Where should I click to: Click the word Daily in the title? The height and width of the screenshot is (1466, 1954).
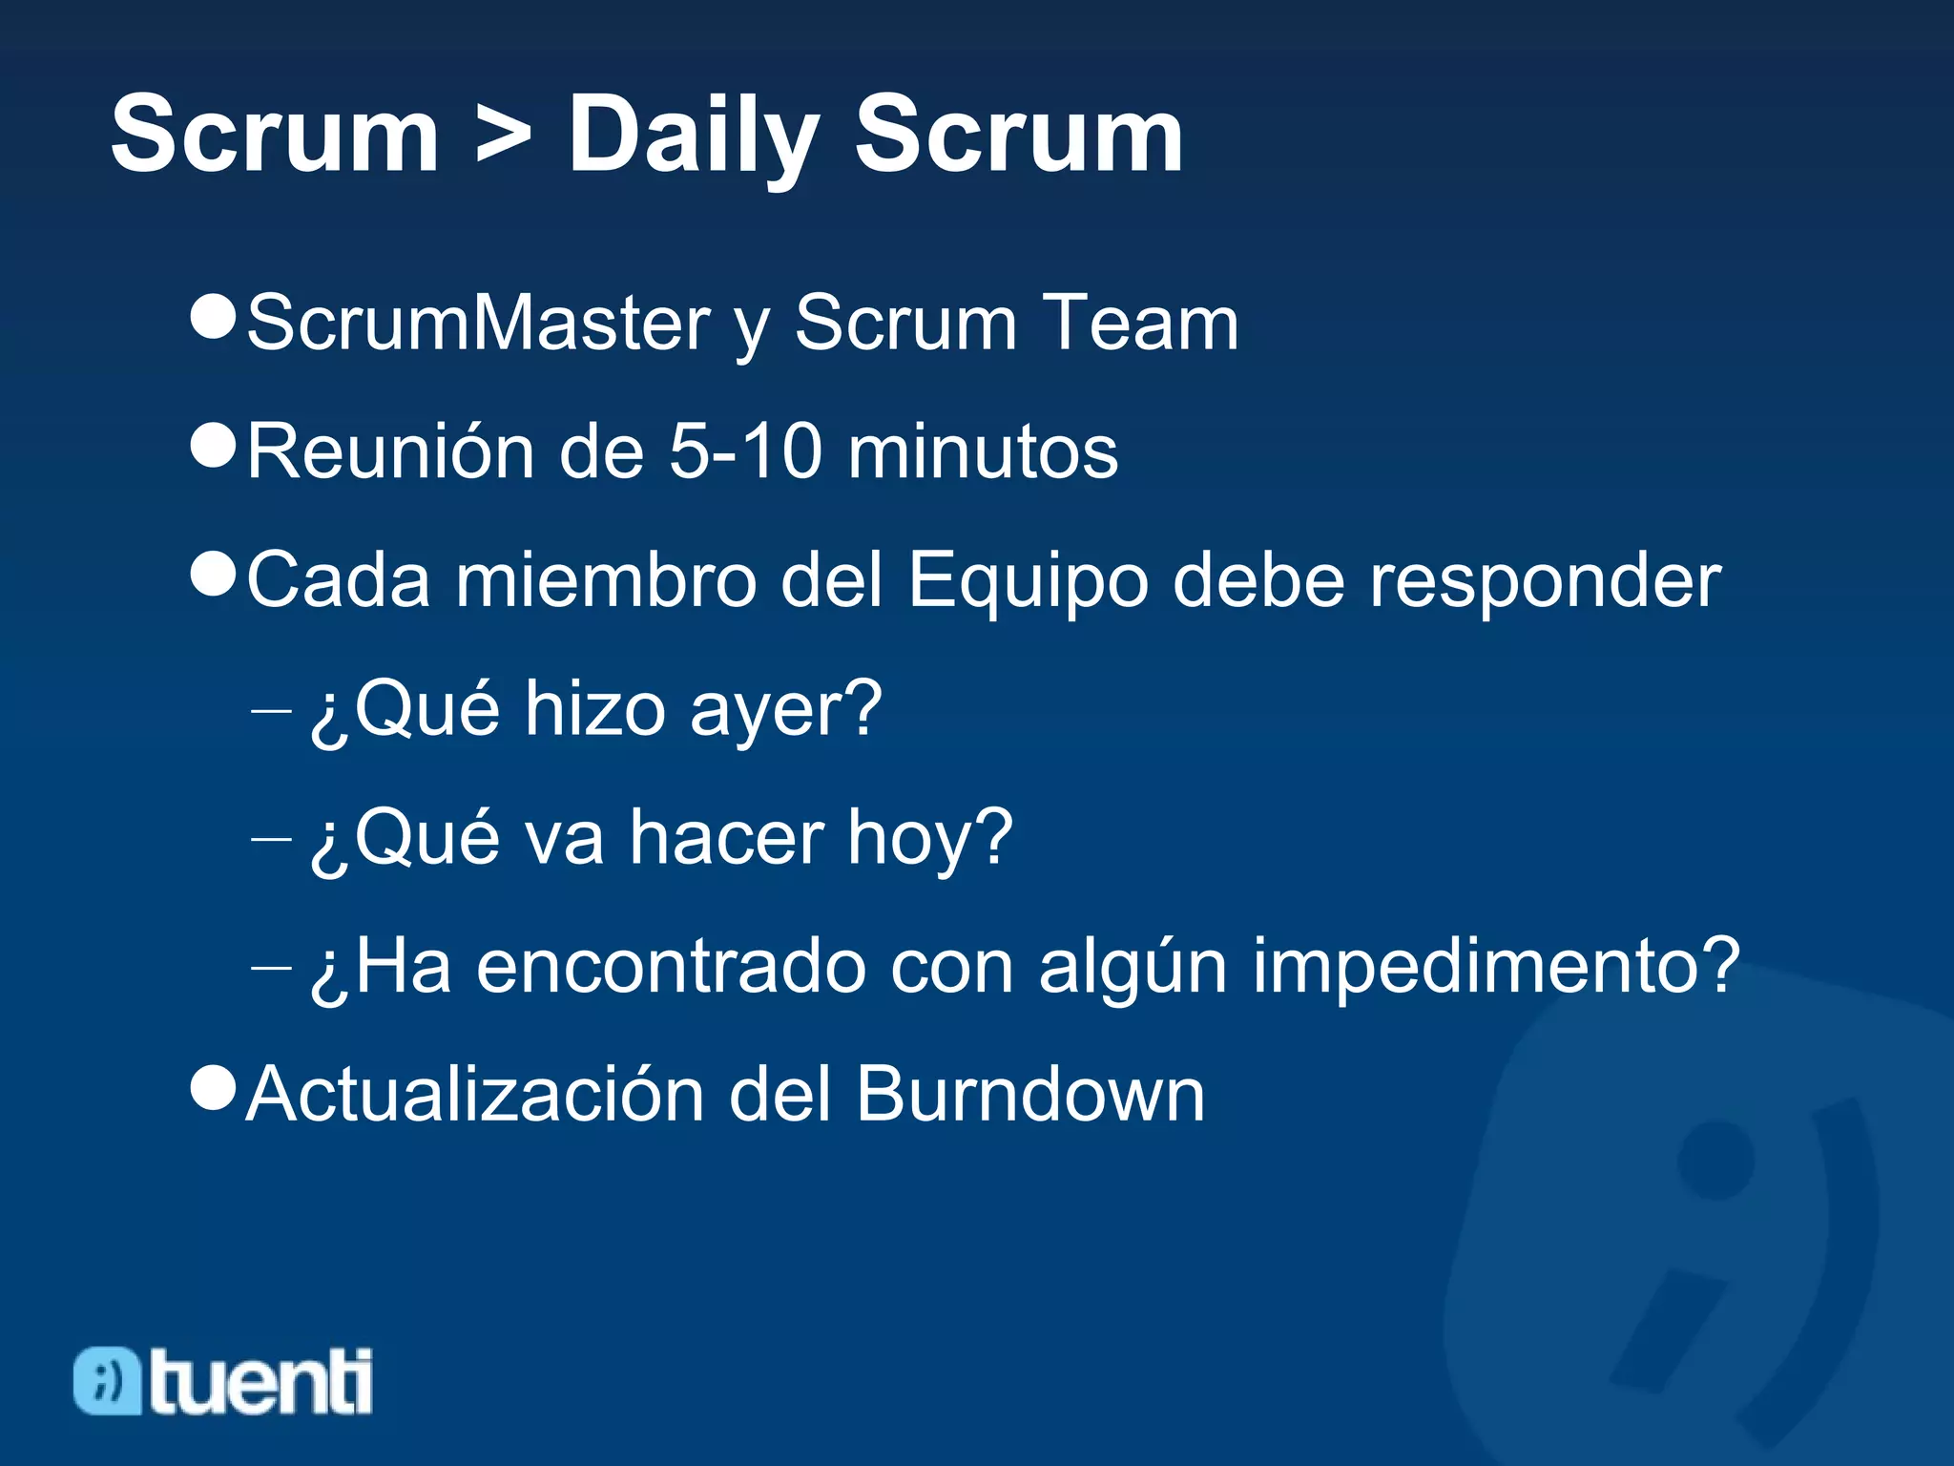(x=694, y=136)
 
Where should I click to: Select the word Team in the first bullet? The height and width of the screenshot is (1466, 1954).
(x=1139, y=323)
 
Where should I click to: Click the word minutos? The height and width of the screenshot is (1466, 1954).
(x=983, y=450)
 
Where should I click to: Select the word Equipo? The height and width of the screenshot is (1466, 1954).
(x=1028, y=580)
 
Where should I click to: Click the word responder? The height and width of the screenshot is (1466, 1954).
(x=1546, y=580)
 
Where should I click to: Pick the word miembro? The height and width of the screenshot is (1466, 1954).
(x=607, y=579)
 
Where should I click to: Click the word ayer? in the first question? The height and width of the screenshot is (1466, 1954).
(x=785, y=709)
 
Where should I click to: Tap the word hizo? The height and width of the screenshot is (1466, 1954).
(x=594, y=708)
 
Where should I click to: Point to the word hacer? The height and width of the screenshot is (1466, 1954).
(x=727, y=837)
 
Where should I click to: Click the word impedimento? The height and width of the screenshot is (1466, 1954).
(x=1496, y=967)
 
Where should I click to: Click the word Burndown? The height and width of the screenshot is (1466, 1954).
(x=1030, y=1094)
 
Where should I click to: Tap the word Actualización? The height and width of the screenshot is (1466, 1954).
(x=475, y=1094)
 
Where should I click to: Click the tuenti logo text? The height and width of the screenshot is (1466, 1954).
(x=260, y=1381)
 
